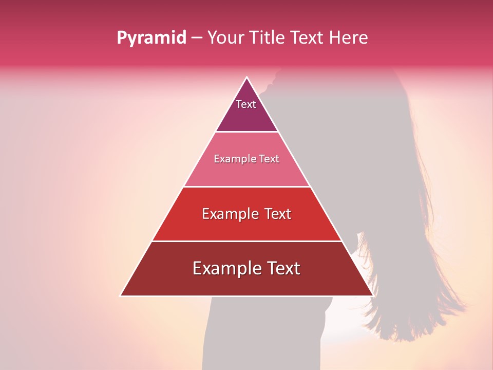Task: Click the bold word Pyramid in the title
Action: click(151, 38)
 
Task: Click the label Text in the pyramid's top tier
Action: click(246, 104)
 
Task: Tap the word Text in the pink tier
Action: click(270, 159)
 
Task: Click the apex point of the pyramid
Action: click(247, 78)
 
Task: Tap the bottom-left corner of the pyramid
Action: click(121, 295)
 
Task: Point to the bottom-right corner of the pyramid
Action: click(373, 295)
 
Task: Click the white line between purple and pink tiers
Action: click(247, 132)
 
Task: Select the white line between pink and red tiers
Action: click(247, 187)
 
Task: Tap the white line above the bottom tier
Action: click(247, 241)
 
